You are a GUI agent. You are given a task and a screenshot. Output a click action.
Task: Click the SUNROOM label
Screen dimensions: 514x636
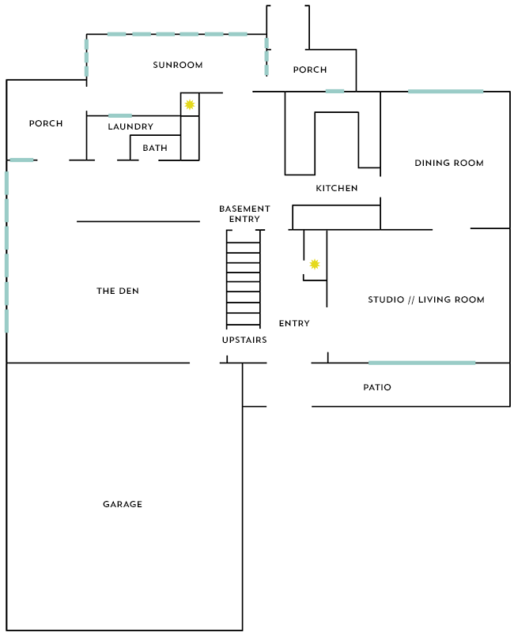[177, 65]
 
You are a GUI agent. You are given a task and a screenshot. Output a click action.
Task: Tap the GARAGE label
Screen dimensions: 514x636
[123, 504]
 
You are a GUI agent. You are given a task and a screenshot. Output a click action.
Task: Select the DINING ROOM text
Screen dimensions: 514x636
[449, 163]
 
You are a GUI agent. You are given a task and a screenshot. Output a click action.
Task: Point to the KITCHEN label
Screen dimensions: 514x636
[337, 188]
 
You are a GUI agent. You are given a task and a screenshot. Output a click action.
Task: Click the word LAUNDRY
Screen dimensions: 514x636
[130, 126]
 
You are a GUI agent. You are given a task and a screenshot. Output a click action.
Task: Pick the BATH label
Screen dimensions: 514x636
[155, 148]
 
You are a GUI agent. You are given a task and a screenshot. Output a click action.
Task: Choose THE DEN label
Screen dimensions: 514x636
[118, 291]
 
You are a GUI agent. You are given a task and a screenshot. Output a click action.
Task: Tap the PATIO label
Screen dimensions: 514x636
[377, 387]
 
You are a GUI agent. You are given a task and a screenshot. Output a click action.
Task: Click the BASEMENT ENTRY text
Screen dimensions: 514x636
[244, 214]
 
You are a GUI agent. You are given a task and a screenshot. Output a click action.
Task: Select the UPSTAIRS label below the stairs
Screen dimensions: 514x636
[244, 340]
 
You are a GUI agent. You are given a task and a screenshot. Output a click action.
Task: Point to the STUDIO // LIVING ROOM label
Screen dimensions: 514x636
[426, 299]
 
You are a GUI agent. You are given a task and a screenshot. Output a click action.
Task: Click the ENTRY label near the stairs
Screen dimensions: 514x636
[294, 323]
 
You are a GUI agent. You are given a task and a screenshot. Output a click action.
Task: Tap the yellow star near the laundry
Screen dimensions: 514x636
[190, 104]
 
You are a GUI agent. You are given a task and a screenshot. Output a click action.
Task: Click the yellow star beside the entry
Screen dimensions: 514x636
[315, 265]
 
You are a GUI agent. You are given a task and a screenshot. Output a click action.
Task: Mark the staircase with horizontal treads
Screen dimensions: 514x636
[244, 279]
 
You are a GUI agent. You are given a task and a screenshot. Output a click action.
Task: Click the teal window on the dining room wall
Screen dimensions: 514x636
[445, 92]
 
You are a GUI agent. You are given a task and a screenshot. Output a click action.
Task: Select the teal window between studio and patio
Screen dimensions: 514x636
[421, 363]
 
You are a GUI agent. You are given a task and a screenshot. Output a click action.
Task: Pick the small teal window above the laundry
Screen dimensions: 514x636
[120, 116]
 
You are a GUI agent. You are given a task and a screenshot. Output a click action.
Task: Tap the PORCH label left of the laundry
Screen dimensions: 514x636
[46, 123]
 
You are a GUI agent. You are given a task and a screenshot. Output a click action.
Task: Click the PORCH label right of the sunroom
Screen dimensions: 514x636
[310, 70]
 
